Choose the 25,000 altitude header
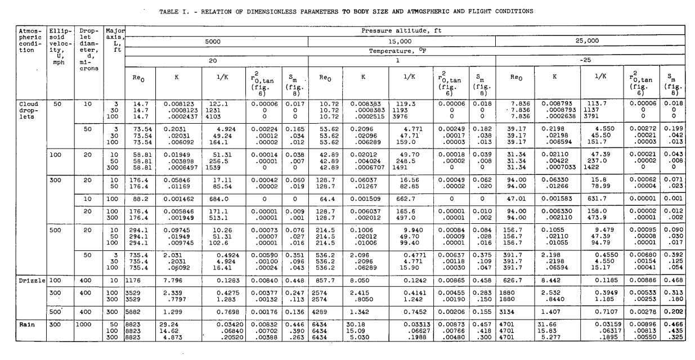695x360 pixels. (590, 42)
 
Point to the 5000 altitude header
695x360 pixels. (217, 42)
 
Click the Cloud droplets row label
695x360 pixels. (27, 110)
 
